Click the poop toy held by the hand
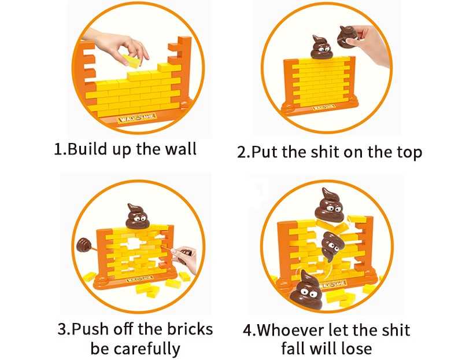(348, 36)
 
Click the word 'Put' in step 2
(265, 153)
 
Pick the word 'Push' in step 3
(92, 330)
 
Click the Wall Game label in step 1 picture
(137, 118)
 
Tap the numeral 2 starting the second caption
(241, 153)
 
